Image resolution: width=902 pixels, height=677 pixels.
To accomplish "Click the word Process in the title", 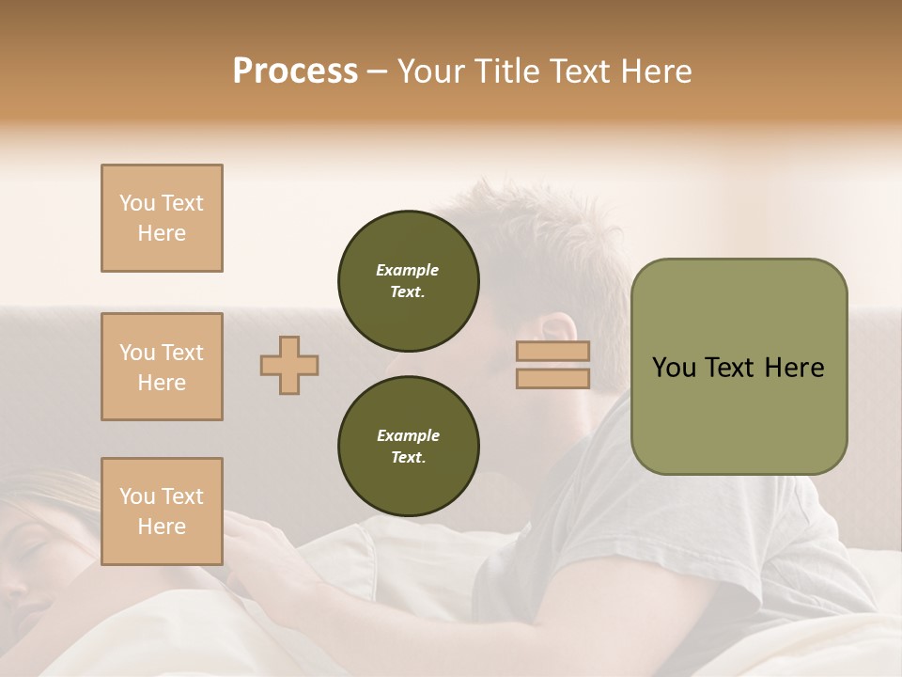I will (x=295, y=71).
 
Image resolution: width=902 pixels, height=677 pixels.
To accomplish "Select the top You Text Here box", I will (x=162, y=218).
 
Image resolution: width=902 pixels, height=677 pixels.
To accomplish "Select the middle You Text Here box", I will (x=162, y=367).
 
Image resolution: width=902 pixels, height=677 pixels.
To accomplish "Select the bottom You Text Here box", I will (x=162, y=512).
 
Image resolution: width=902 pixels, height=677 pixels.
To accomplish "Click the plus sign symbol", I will (x=289, y=365).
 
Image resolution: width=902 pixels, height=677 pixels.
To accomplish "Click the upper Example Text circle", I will (x=409, y=280).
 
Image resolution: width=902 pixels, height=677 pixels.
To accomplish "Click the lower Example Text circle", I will (x=409, y=446).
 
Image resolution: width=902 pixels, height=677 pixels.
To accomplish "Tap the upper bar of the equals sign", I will (x=552, y=352).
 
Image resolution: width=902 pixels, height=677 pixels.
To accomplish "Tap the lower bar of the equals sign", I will (x=552, y=378).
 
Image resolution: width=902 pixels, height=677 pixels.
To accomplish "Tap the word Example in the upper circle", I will (x=408, y=270).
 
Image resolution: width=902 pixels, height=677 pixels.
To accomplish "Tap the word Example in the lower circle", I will (x=408, y=435).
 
